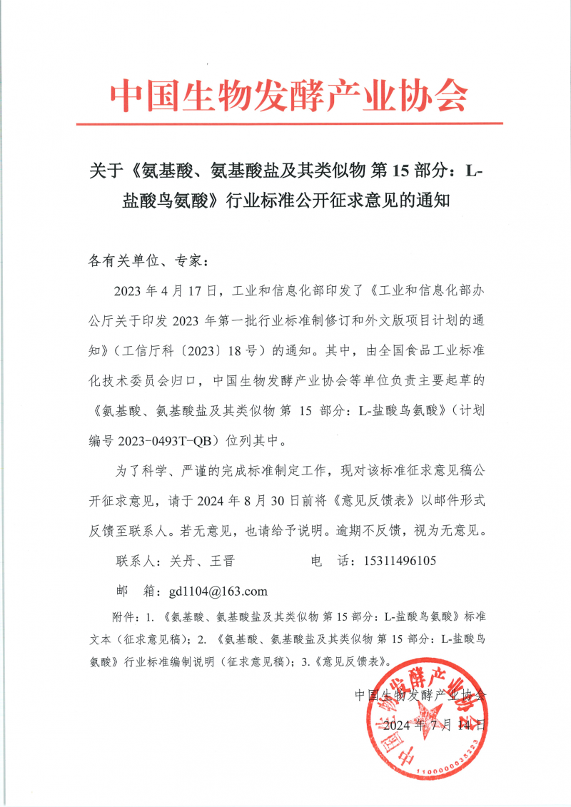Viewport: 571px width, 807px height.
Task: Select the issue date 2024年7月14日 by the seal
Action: (435, 726)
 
